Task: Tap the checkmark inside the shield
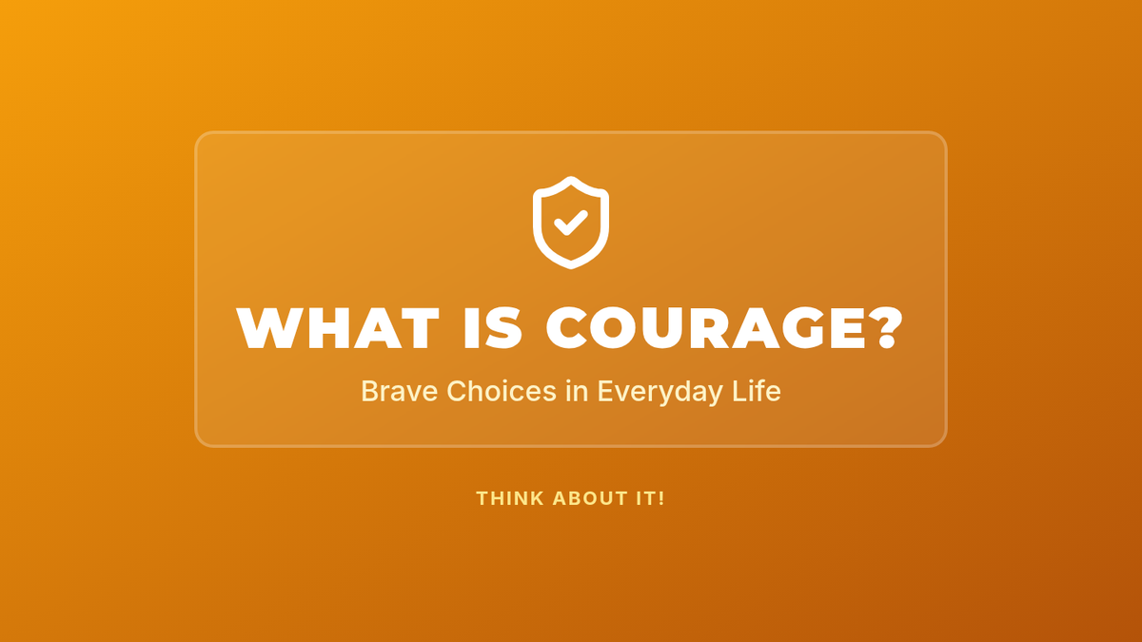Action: [571, 224]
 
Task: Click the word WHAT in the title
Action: [338, 328]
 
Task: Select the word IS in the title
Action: [493, 328]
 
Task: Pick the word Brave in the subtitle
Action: [399, 391]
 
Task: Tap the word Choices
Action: [502, 391]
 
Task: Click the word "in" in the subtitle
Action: [577, 391]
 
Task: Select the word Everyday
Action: [660, 392]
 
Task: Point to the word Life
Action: [757, 391]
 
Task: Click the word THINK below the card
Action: [510, 498]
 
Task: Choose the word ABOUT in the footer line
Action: [590, 498]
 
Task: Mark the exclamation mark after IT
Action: [661, 498]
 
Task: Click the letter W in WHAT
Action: [270, 328]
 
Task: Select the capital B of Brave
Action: [368, 391]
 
